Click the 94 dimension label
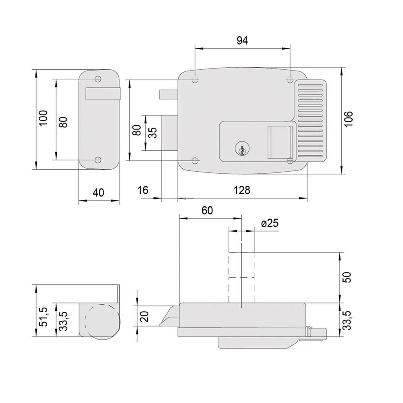[242, 41]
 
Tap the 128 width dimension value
[241, 191]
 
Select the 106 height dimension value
[349, 119]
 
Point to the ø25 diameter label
[270, 223]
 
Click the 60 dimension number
[207, 210]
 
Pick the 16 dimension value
[143, 190]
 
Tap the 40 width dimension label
[98, 193]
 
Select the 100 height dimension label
[43, 118]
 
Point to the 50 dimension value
[347, 277]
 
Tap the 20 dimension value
[145, 316]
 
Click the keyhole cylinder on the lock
[242, 149]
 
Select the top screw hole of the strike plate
[98, 79]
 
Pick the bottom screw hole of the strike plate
[98, 160]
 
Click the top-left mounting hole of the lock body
[195, 80]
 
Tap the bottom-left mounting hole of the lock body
[195, 161]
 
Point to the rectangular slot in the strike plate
[102, 93]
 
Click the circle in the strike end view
[102, 321]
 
